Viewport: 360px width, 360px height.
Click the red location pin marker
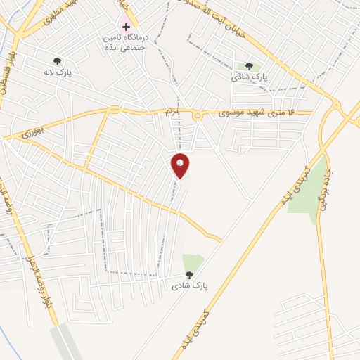[181, 165]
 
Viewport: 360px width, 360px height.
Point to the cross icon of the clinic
[126, 27]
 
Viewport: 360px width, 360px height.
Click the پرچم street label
[173, 112]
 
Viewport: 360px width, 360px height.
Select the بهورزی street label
[32, 131]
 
